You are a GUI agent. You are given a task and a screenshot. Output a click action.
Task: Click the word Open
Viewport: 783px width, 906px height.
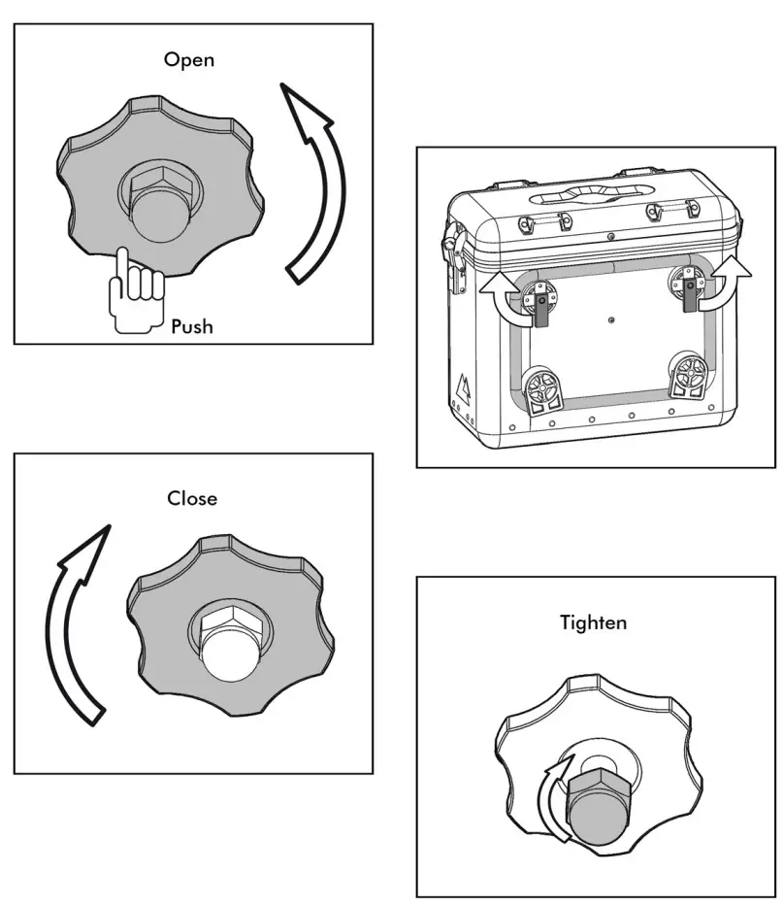(x=189, y=59)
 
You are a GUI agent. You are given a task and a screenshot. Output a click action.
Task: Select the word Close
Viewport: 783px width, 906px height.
(x=192, y=498)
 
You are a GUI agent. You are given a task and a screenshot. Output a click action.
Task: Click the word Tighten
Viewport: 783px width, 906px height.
(x=593, y=621)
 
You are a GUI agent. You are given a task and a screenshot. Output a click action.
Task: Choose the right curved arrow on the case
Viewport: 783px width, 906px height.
(x=732, y=284)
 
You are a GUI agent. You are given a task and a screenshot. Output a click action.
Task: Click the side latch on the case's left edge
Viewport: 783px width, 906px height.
(x=451, y=255)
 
